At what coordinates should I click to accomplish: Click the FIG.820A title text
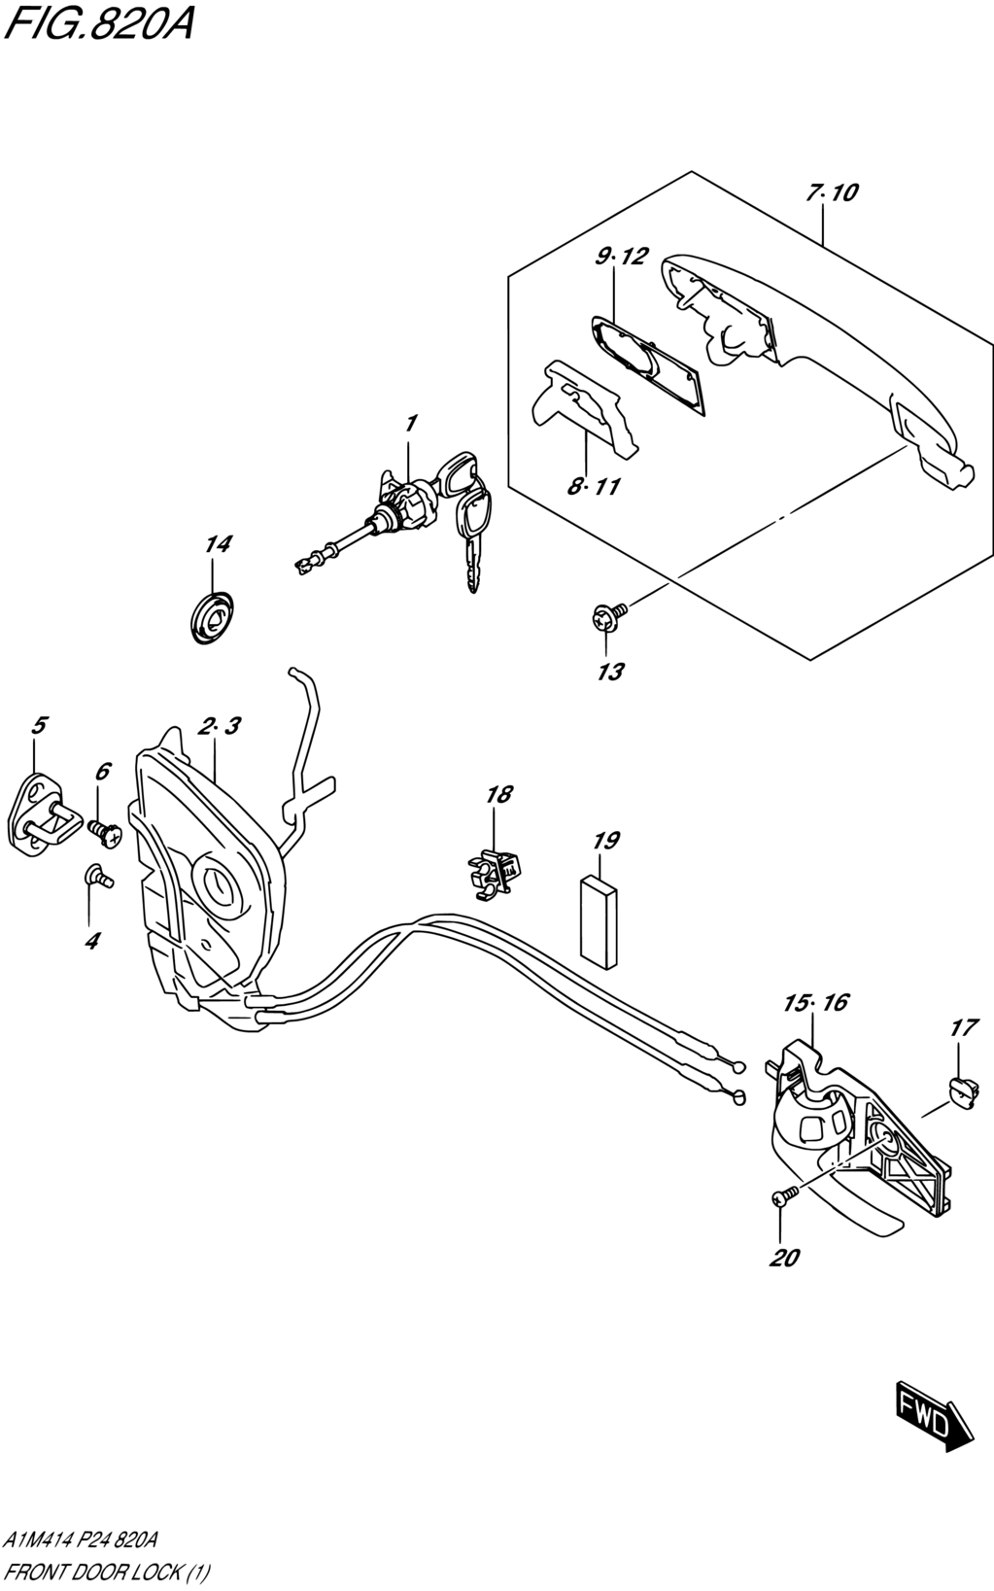98,24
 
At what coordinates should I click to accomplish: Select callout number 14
218,544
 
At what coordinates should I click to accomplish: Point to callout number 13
610,672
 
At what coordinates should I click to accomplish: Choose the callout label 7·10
832,192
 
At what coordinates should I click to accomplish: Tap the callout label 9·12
621,256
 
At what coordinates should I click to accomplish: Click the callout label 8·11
594,487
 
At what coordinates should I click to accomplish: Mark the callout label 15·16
816,1002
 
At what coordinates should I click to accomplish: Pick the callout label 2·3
220,726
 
